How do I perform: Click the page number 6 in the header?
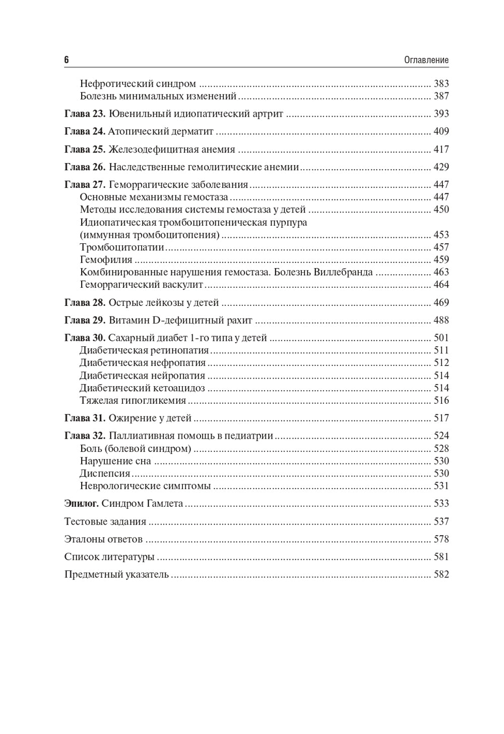pos(67,60)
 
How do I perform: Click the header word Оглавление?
pos(426,60)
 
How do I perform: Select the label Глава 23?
pos(85,114)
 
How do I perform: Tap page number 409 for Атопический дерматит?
pos(441,132)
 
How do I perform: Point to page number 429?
pos(441,167)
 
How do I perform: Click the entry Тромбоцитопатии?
pos(122,247)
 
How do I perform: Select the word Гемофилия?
pos(106,260)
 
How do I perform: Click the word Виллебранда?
pos(343,272)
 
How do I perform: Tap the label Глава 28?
pos(85,303)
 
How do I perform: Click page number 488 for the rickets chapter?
pos(441,321)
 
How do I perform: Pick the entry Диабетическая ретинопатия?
pos(144,350)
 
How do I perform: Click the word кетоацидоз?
pos(179,388)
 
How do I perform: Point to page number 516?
pos(441,401)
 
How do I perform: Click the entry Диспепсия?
pos(105,474)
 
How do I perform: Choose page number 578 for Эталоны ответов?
pos(441,539)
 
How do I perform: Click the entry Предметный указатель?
pos(116,574)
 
